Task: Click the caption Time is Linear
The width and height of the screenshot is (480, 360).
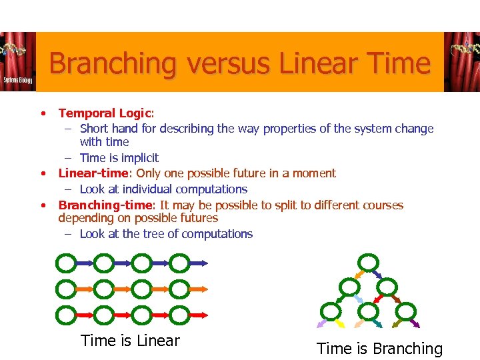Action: coord(130,341)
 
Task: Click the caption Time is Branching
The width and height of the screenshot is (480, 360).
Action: coord(379,348)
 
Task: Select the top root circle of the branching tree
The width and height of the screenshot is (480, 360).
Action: coord(367,263)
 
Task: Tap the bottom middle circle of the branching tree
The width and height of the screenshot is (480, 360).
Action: coord(368,310)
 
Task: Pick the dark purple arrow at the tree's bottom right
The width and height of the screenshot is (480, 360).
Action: coord(415,324)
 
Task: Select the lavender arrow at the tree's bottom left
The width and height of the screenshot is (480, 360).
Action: coord(322,324)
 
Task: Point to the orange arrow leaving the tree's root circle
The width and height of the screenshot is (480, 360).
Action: coord(358,274)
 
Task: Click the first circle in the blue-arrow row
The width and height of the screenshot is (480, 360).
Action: coord(66,263)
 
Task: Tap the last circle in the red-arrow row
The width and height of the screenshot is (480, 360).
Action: coord(179,313)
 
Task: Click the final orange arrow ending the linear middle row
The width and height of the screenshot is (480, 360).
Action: coord(198,289)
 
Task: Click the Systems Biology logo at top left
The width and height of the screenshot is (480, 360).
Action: coord(17,62)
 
